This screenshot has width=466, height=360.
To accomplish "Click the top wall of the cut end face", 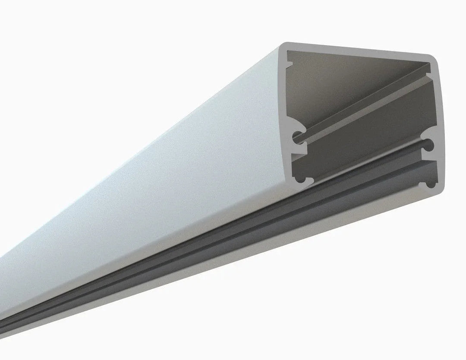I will [x=358, y=50].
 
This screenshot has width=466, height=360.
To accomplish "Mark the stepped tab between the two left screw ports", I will [x=300, y=158].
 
